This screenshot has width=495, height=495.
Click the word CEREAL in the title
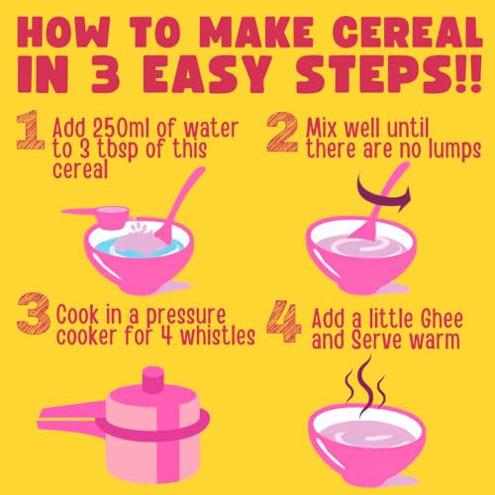coord(408,32)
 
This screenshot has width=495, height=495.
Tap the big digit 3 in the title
coord(105,74)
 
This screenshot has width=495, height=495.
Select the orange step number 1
coord(31,131)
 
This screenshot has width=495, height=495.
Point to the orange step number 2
coord(282,132)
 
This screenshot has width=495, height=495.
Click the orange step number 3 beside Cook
coord(34,313)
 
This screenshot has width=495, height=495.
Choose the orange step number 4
coord(284,321)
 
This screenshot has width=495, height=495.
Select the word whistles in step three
coord(218,336)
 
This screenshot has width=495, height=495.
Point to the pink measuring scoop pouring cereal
coord(99,216)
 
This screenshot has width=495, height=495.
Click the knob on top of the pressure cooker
coord(153,379)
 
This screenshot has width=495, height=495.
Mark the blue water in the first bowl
coord(145,248)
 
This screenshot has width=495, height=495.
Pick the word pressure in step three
coord(186,316)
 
